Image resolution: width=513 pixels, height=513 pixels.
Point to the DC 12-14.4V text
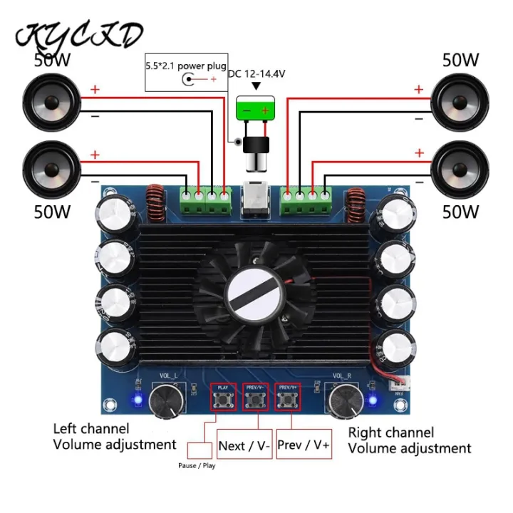(257, 73)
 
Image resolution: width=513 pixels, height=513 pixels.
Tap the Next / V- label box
(244, 446)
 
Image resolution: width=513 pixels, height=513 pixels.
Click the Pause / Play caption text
(196, 466)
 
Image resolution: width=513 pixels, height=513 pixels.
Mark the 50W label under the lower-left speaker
(52, 211)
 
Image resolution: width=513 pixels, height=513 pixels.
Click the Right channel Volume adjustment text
(409, 440)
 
